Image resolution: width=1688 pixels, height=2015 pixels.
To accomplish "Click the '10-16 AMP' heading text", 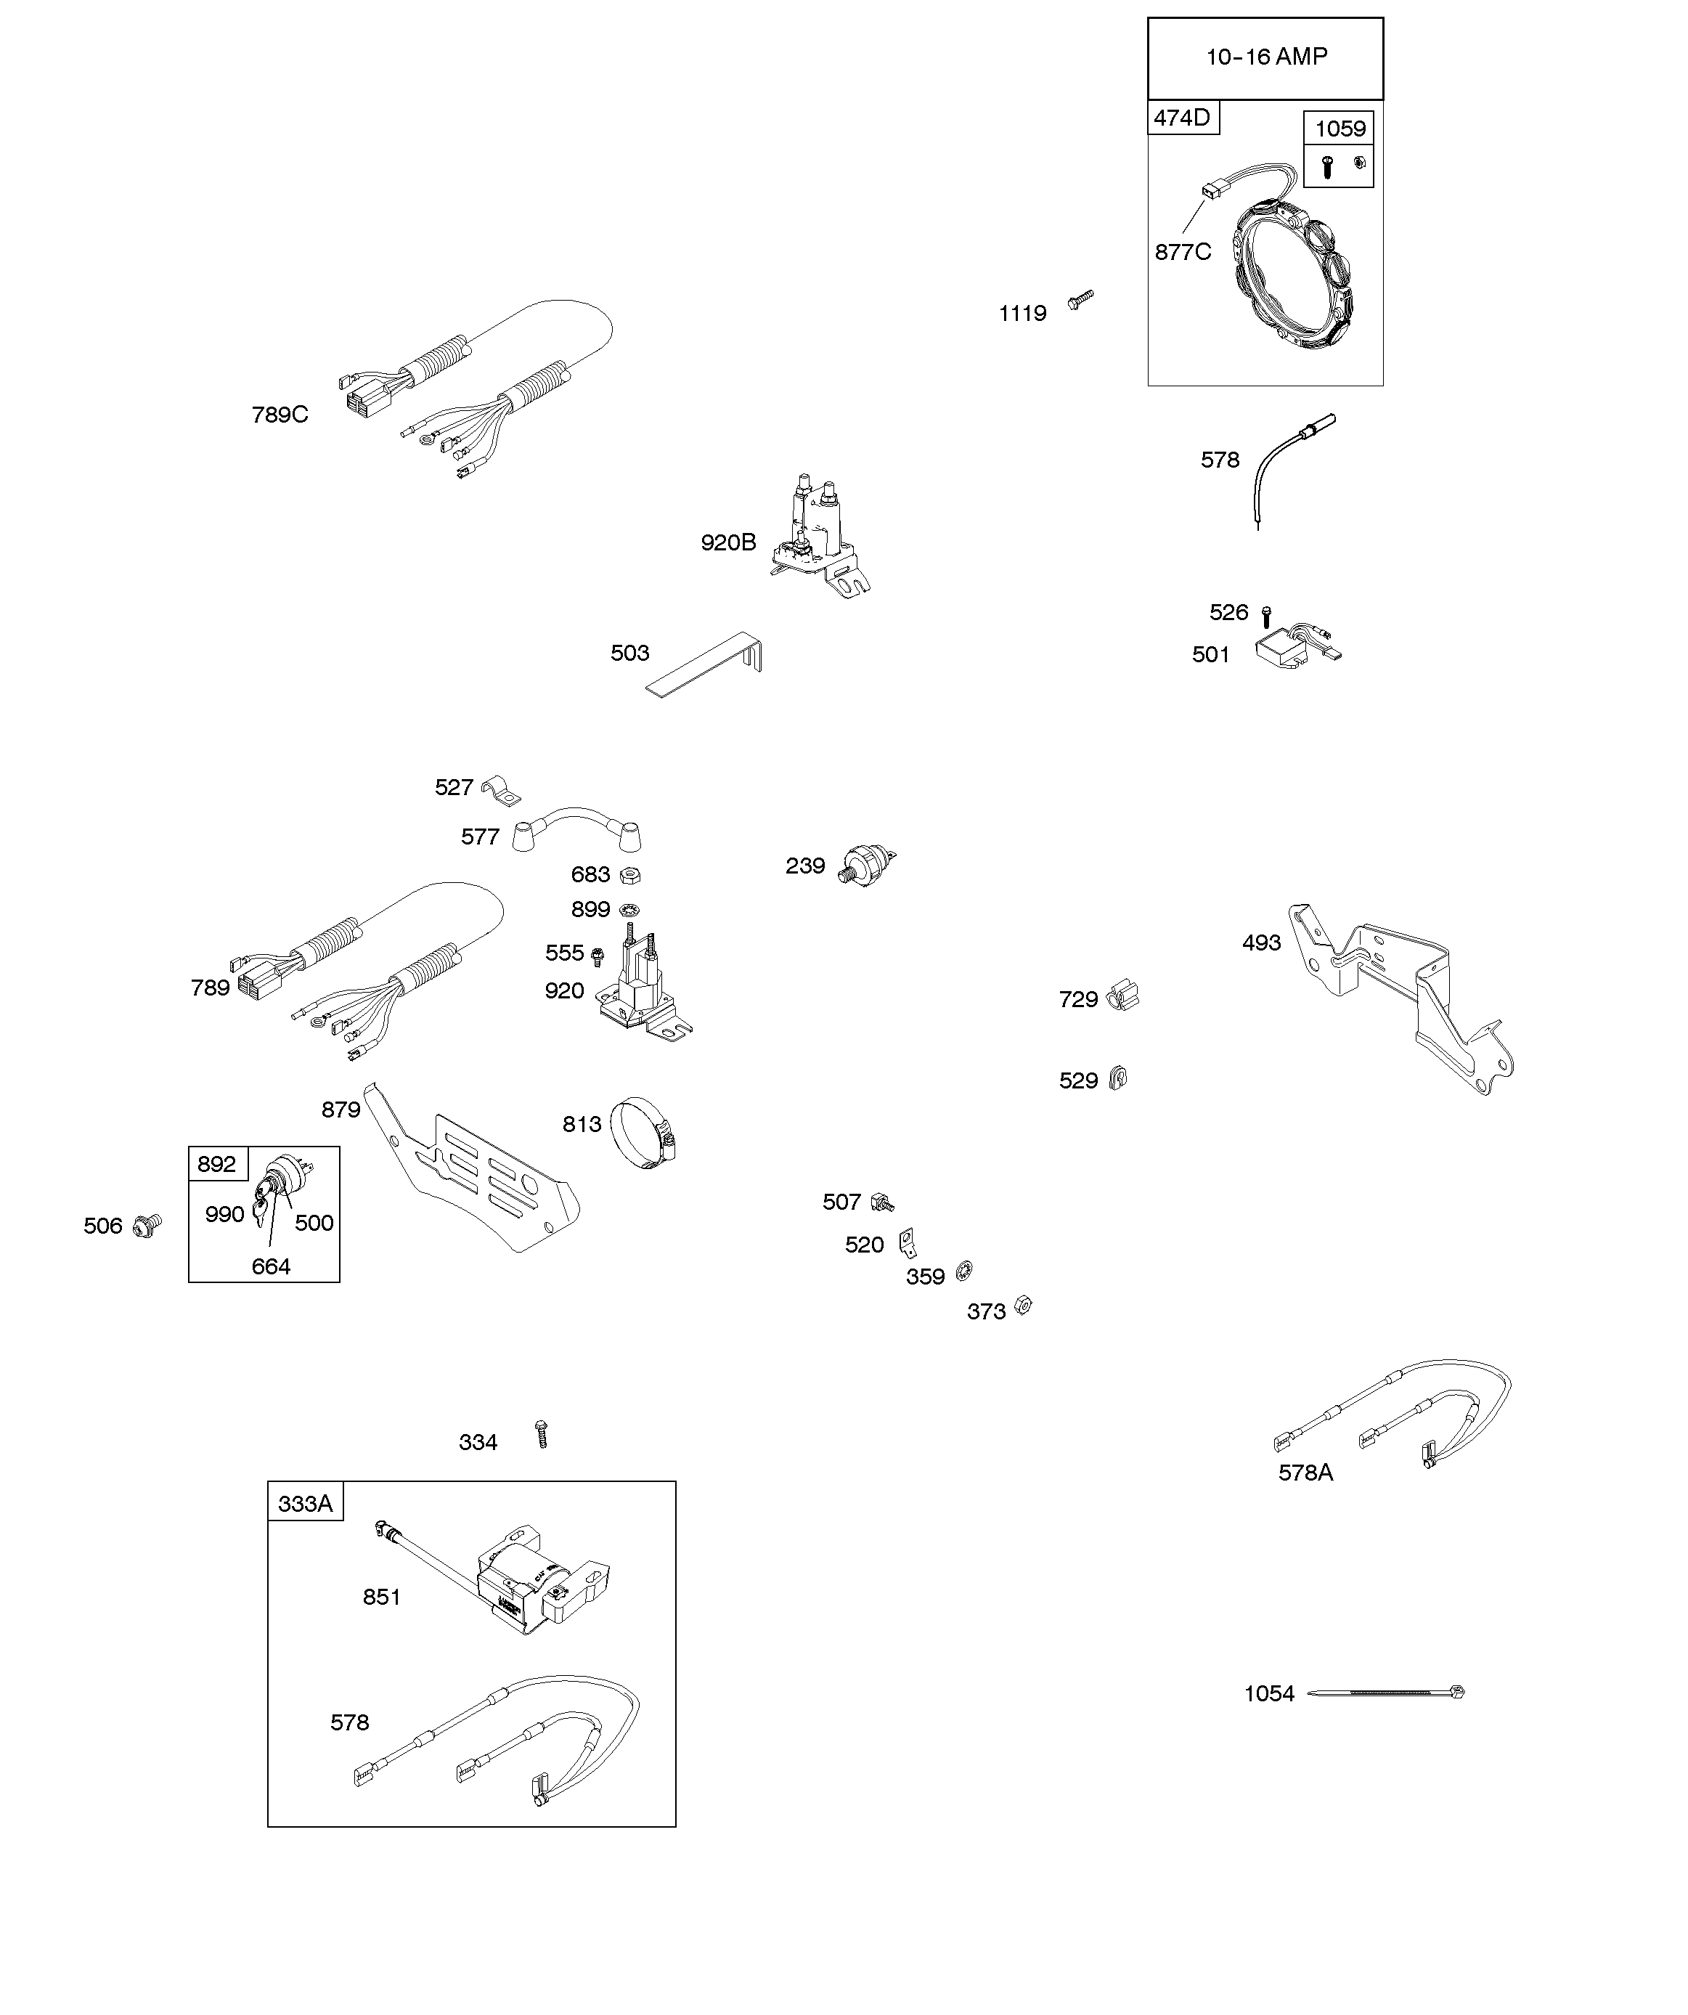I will click(1265, 57).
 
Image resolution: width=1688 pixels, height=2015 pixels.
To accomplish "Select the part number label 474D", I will click(1181, 118).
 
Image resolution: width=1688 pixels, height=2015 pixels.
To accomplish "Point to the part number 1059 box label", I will click(1339, 129).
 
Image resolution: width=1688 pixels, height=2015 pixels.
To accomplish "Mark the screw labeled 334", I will click(541, 1436).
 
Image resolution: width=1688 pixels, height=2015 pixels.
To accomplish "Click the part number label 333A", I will click(305, 1504).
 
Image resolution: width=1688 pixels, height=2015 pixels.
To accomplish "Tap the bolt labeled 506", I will click(149, 1224).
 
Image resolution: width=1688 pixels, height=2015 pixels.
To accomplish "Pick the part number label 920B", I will click(728, 543).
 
